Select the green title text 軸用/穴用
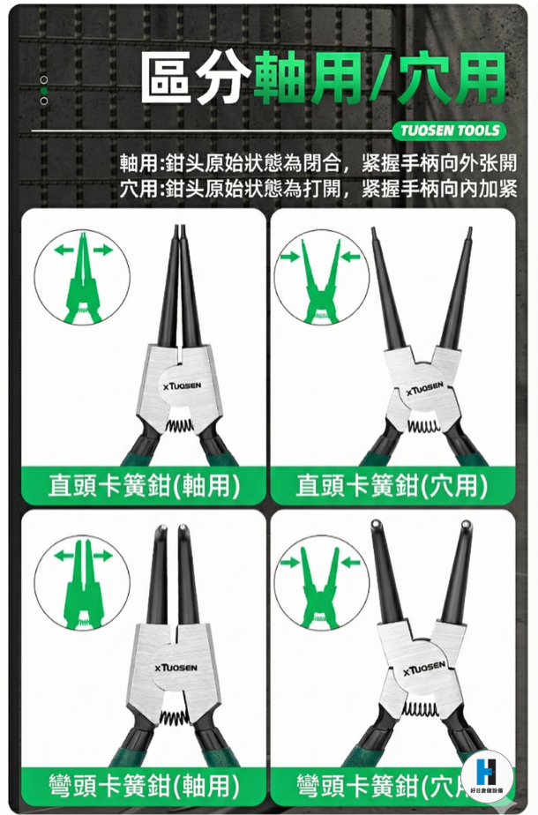(x=379, y=78)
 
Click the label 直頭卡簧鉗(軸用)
(x=144, y=486)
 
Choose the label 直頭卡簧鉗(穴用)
(x=392, y=486)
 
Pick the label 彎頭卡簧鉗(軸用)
(x=144, y=784)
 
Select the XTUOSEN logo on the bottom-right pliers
(x=425, y=669)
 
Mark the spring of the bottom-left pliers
(x=174, y=718)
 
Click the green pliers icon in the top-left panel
(x=83, y=278)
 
